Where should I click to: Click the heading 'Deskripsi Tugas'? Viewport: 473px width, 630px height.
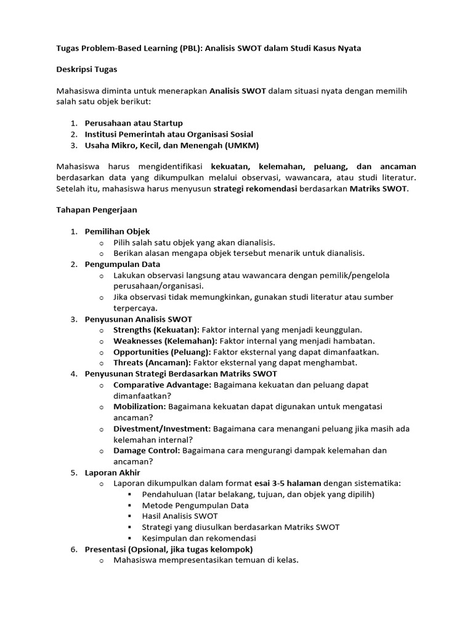(x=87, y=70)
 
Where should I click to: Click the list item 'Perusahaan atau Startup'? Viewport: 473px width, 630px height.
(x=134, y=123)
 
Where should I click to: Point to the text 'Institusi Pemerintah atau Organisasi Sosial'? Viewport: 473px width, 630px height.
(x=169, y=134)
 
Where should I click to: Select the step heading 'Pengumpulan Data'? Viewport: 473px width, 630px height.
(x=122, y=265)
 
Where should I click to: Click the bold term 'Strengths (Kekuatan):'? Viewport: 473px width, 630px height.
(x=156, y=330)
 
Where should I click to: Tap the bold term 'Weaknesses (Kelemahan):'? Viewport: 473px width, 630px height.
(x=165, y=341)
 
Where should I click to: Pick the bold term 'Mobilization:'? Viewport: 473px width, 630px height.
(x=139, y=407)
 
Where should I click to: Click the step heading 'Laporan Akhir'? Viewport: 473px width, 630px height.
(x=112, y=472)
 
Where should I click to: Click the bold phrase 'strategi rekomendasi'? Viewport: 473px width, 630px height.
(x=255, y=188)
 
